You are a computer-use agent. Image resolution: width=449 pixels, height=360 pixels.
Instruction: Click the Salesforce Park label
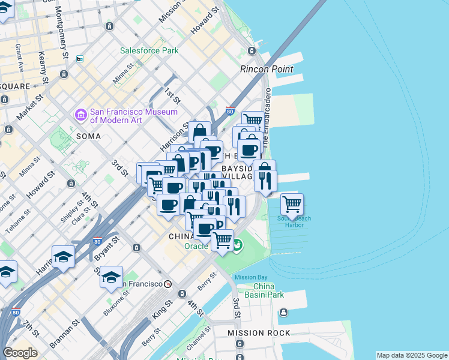[149, 51]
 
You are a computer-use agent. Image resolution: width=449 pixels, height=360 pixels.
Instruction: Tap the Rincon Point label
[267, 69]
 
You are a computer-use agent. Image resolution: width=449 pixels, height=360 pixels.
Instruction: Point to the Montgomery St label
[61, 30]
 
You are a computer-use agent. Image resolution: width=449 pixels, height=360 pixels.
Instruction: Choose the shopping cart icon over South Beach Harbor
[292, 204]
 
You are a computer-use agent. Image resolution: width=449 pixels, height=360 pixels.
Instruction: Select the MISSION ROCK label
[259, 332]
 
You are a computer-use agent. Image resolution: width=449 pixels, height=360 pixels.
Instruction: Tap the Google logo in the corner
[20, 353]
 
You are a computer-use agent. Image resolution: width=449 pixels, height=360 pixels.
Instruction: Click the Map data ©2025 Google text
[411, 355]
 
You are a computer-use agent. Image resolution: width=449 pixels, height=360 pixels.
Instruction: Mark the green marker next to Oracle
[238, 245]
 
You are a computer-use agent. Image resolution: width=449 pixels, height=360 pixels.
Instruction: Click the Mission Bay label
[250, 277]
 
